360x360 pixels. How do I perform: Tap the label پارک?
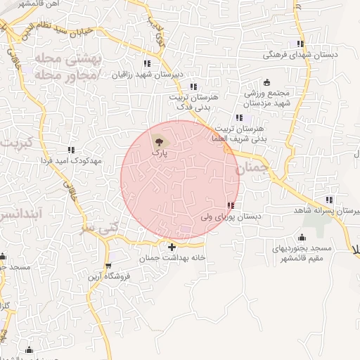(x=161, y=150)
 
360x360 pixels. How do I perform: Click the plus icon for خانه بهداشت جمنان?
(x=172, y=247)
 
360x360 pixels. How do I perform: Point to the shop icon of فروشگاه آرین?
(x=108, y=265)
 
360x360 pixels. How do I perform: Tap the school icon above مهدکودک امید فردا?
(x=71, y=149)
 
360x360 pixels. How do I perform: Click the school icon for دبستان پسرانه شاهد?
(x=330, y=200)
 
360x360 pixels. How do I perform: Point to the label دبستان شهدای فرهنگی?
(x=300, y=54)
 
